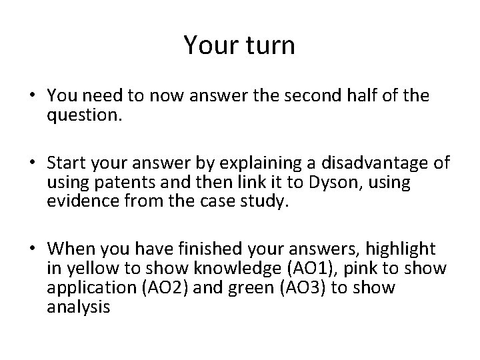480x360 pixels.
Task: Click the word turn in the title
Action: (265, 45)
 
